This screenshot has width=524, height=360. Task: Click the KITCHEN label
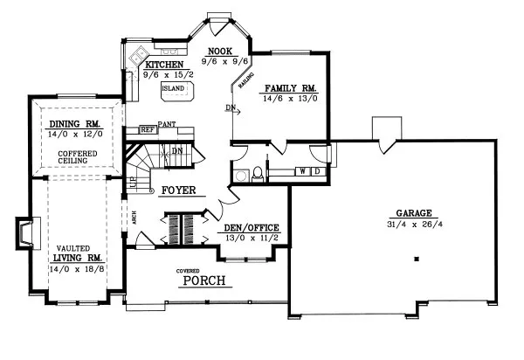[163, 66]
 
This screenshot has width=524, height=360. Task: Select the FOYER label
[178, 190]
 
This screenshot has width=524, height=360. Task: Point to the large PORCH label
[203, 280]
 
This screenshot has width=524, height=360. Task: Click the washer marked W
[302, 171]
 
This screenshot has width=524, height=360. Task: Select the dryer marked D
[316, 171]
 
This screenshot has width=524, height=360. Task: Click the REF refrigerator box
[148, 129]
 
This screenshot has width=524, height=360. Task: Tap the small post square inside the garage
[417, 258]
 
